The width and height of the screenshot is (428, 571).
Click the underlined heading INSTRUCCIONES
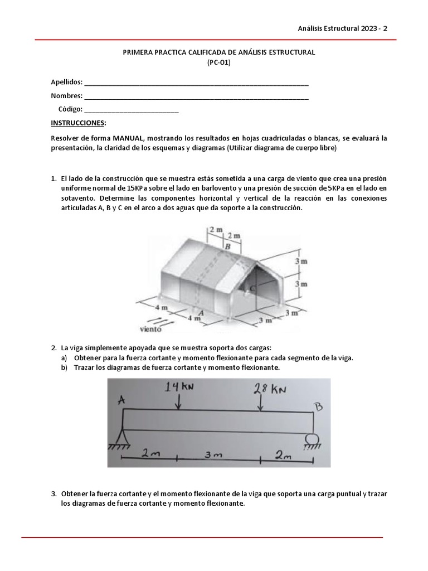(x=77, y=123)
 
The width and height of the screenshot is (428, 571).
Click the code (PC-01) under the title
(x=218, y=62)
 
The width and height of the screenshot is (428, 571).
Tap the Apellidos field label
(x=66, y=82)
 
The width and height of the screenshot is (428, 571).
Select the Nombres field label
(x=66, y=95)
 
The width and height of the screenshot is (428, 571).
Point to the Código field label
(x=70, y=109)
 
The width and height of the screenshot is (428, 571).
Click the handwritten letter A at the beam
(x=121, y=399)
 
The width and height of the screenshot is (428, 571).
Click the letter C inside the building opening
(x=252, y=288)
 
